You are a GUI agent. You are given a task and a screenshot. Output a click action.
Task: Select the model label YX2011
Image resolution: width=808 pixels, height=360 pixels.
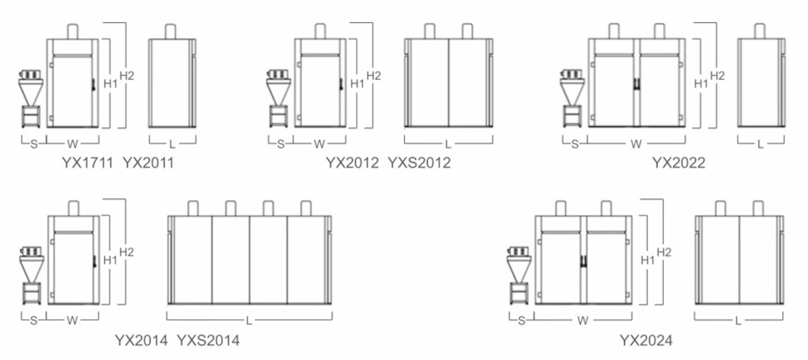coord(148,163)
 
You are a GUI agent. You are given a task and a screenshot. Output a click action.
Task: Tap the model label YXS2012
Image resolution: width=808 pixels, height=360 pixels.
coord(419,163)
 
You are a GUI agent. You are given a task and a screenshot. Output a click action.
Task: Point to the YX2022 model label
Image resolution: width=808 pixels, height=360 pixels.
coord(679,163)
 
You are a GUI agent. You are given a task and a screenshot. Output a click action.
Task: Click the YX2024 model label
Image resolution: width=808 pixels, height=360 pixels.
coord(645,340)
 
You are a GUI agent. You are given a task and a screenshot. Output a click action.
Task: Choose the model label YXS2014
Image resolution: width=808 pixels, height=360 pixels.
coord(208,340)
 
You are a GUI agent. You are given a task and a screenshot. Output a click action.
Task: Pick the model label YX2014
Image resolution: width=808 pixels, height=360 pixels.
coord(141,340)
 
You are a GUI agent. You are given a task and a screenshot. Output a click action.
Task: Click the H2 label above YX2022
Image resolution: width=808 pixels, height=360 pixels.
coord(717,76)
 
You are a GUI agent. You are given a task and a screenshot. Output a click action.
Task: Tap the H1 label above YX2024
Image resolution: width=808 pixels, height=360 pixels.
coord(648,261)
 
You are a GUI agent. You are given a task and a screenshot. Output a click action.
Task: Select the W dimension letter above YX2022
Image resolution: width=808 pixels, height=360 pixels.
coord(636,144)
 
